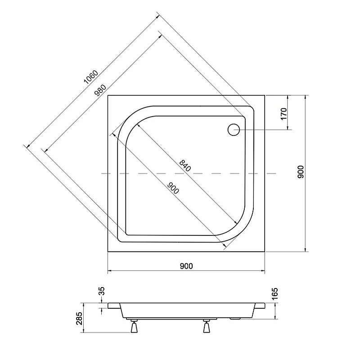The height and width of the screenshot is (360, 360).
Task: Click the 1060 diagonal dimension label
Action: coord(91,76)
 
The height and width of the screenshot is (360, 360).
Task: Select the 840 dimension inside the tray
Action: coord(184,165)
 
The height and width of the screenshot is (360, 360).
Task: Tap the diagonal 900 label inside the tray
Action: coord(173,188)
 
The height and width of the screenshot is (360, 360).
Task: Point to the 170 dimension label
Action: coord(283,112)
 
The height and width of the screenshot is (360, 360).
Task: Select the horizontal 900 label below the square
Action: coord(186,266)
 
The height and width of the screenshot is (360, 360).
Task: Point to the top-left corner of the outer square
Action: coord(108,95)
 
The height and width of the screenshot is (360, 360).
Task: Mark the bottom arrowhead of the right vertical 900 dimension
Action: coord(306,250)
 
